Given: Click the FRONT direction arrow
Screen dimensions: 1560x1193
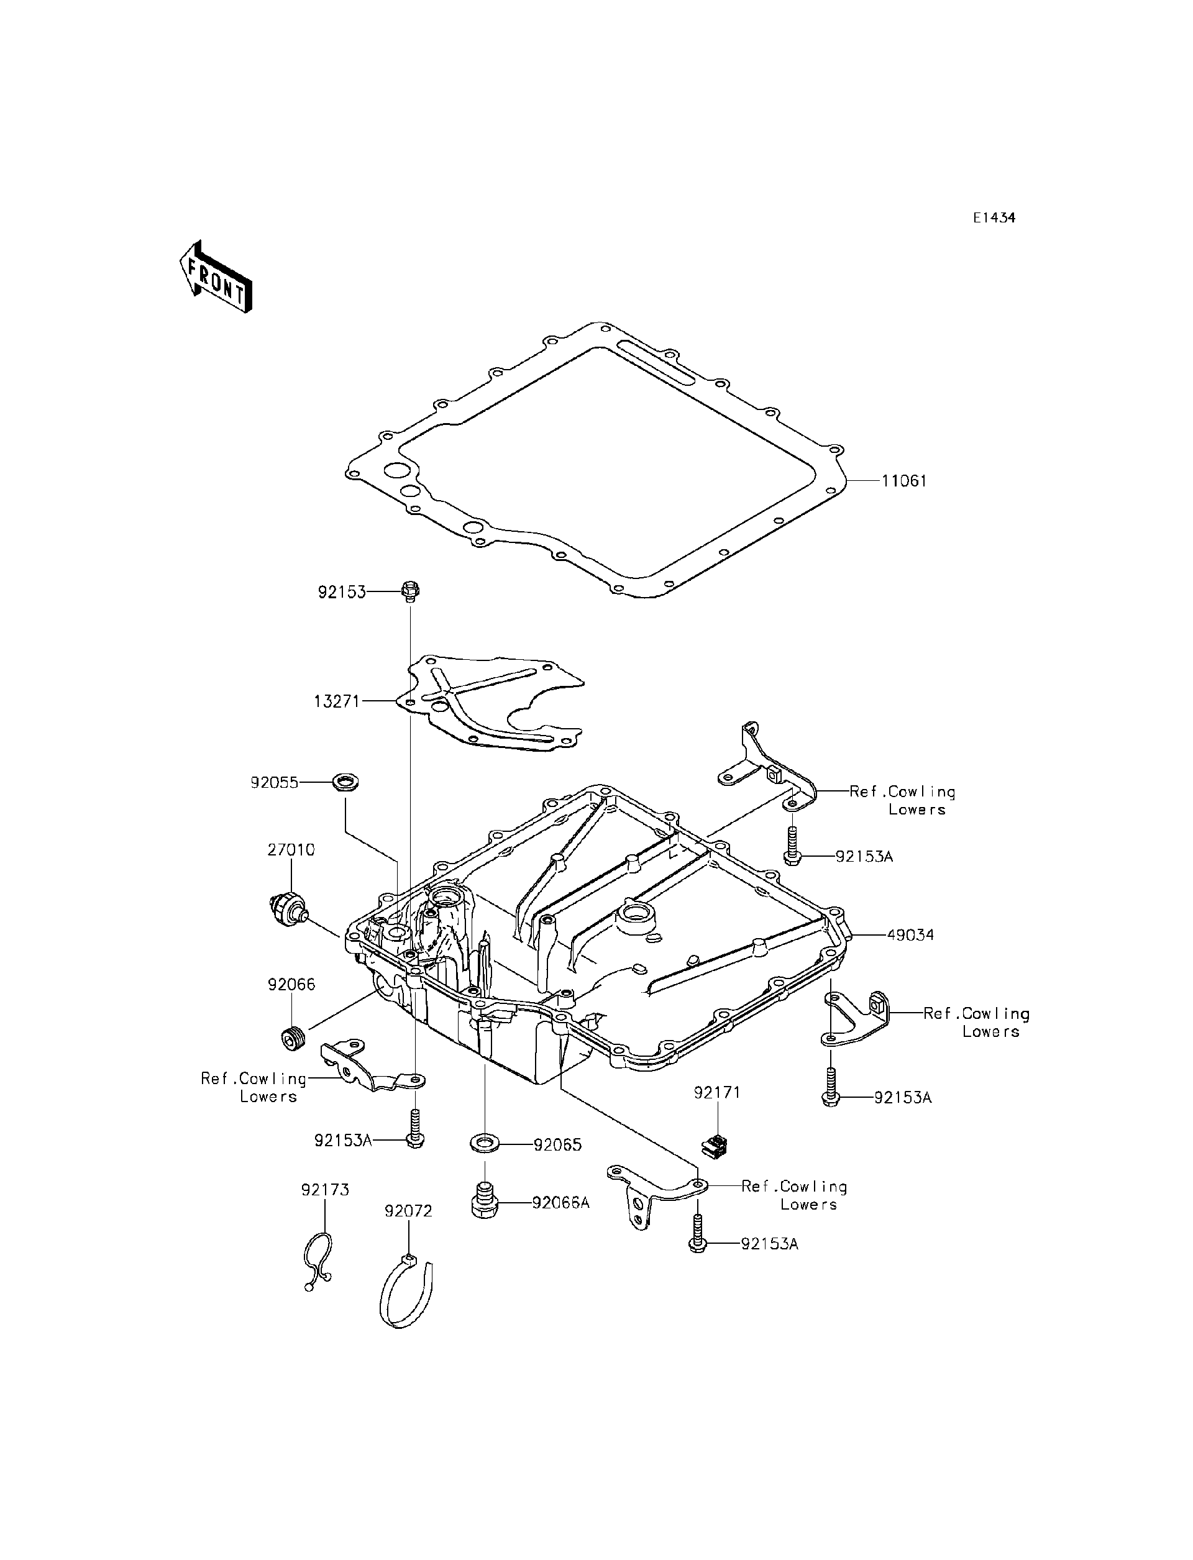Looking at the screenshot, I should (x=215, y=278).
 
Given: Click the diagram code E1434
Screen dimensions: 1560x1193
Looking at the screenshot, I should (x=994, y=218).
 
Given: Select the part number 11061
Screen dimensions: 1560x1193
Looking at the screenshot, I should (x=904, y=481).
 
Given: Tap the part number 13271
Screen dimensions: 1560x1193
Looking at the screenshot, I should (x=337, y=701).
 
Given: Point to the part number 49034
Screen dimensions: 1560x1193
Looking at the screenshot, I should (x=910, y=934).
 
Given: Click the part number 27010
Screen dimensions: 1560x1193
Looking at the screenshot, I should (x=291, y=849).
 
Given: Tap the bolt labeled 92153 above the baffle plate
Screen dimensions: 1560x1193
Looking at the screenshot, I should (x=411, y=590).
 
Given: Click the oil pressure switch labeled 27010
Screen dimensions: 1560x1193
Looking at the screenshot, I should (x=288, y=910).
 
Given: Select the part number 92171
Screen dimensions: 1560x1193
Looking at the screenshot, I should (x=717, y=1093).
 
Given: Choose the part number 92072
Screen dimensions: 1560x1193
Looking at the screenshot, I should (x=408, y=1211).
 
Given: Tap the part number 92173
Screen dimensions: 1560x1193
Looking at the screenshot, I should (x=325, y=1190).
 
